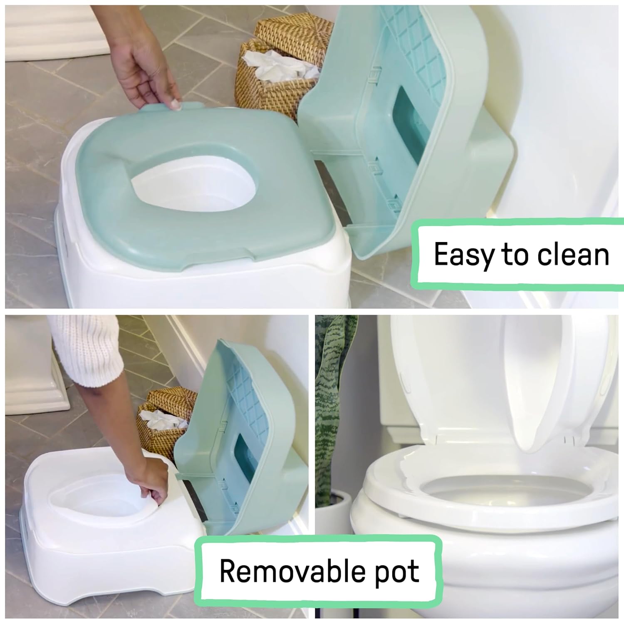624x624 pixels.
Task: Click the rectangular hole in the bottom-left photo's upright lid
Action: click(245, 458)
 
